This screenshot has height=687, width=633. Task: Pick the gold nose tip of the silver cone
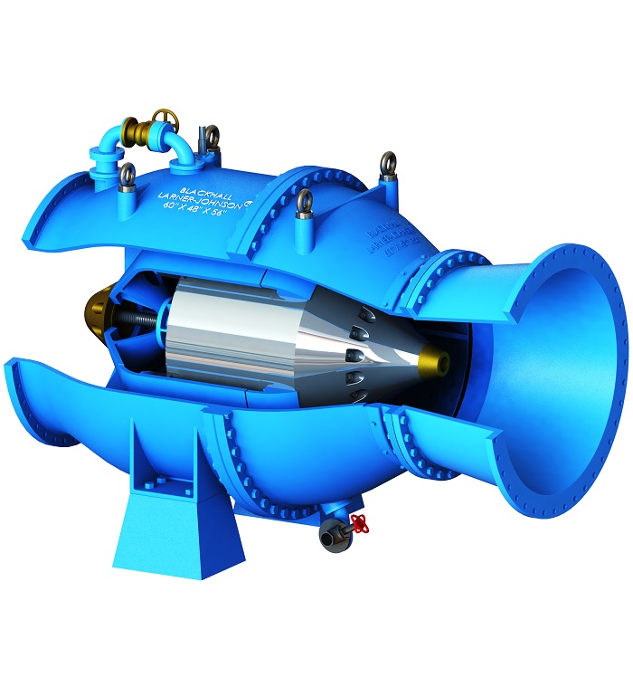click(440, 361)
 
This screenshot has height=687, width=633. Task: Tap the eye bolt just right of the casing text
click(305, 201)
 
